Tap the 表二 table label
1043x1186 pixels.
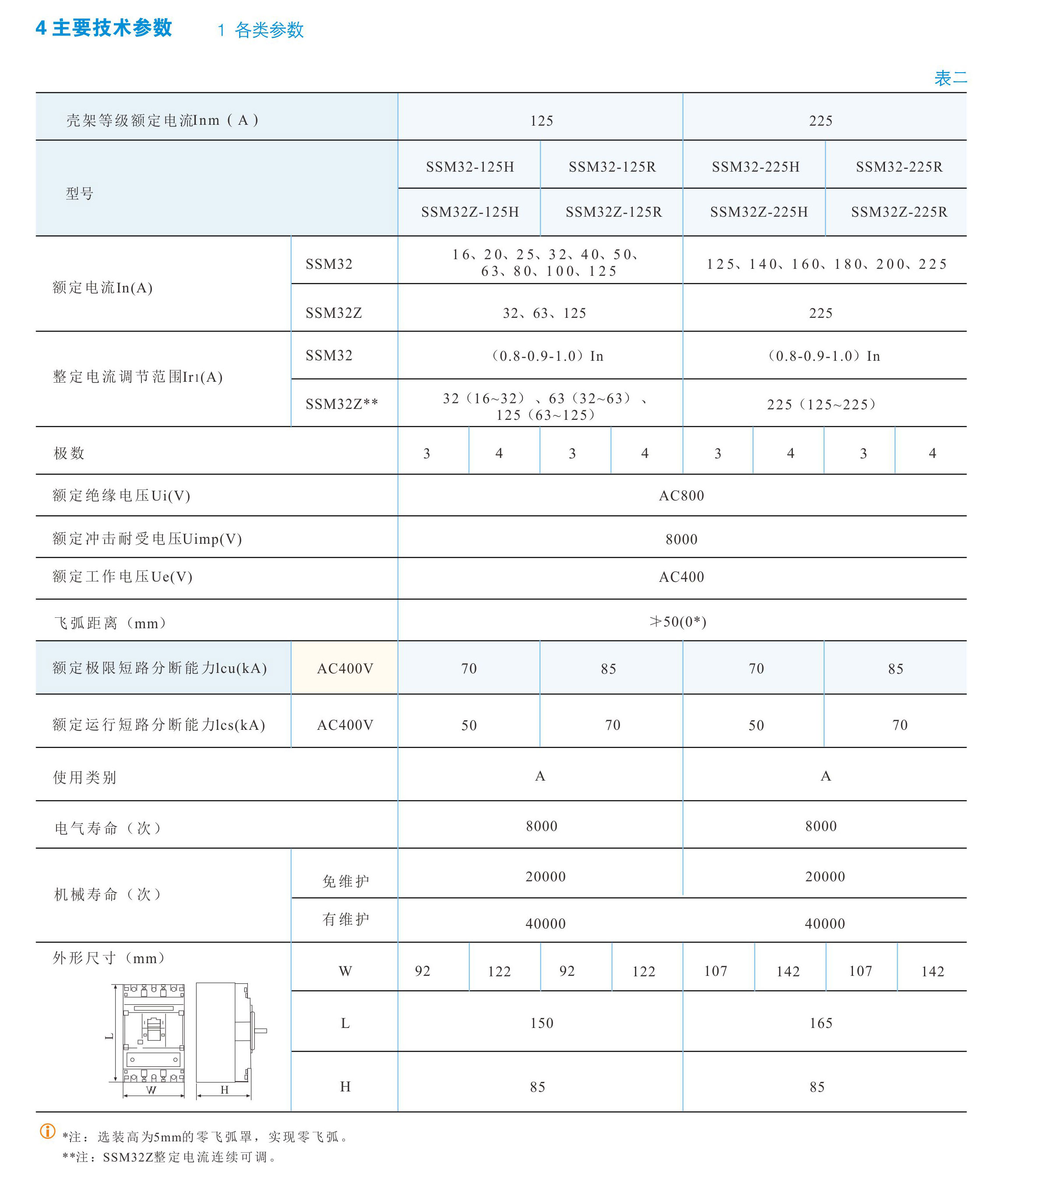pos(950,78)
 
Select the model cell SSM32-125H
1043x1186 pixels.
pos(469,167)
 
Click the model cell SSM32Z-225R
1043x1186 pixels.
pos(899,212)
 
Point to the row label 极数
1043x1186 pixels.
pos(69,453)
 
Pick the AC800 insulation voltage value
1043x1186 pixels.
pos(681,496)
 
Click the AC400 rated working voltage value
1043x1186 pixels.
pos(681,577)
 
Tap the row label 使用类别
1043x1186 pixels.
pos(85,777)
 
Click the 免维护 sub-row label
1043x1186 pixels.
pos(345,881)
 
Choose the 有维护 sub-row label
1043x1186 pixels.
pos(345,919)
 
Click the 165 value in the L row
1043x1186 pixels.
pos(821,1023)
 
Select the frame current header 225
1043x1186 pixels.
pos(821,121)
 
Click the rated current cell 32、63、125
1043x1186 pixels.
pos(544,313)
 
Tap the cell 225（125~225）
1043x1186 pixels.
pos(821,405)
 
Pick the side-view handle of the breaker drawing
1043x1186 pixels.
pos(260,1031)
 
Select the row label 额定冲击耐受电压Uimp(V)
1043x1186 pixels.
pos(147,539)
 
